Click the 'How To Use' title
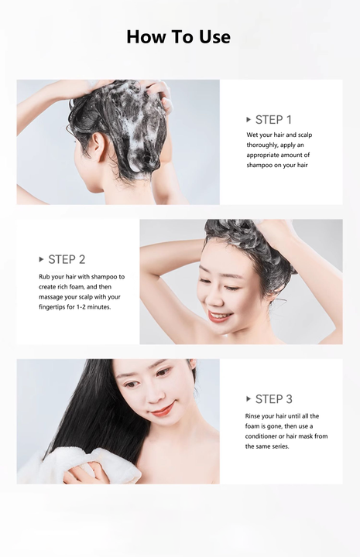[178, 36]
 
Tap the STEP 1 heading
[273, 120]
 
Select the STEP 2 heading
[67, 259]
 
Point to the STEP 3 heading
[273, 399]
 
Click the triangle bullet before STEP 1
[249, 120]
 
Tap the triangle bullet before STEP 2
[42, 259]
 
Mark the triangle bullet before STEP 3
[249, 399]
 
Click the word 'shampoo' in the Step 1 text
[261, 165]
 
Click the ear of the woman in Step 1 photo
[99, 146]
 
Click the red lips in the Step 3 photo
[163, 409]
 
